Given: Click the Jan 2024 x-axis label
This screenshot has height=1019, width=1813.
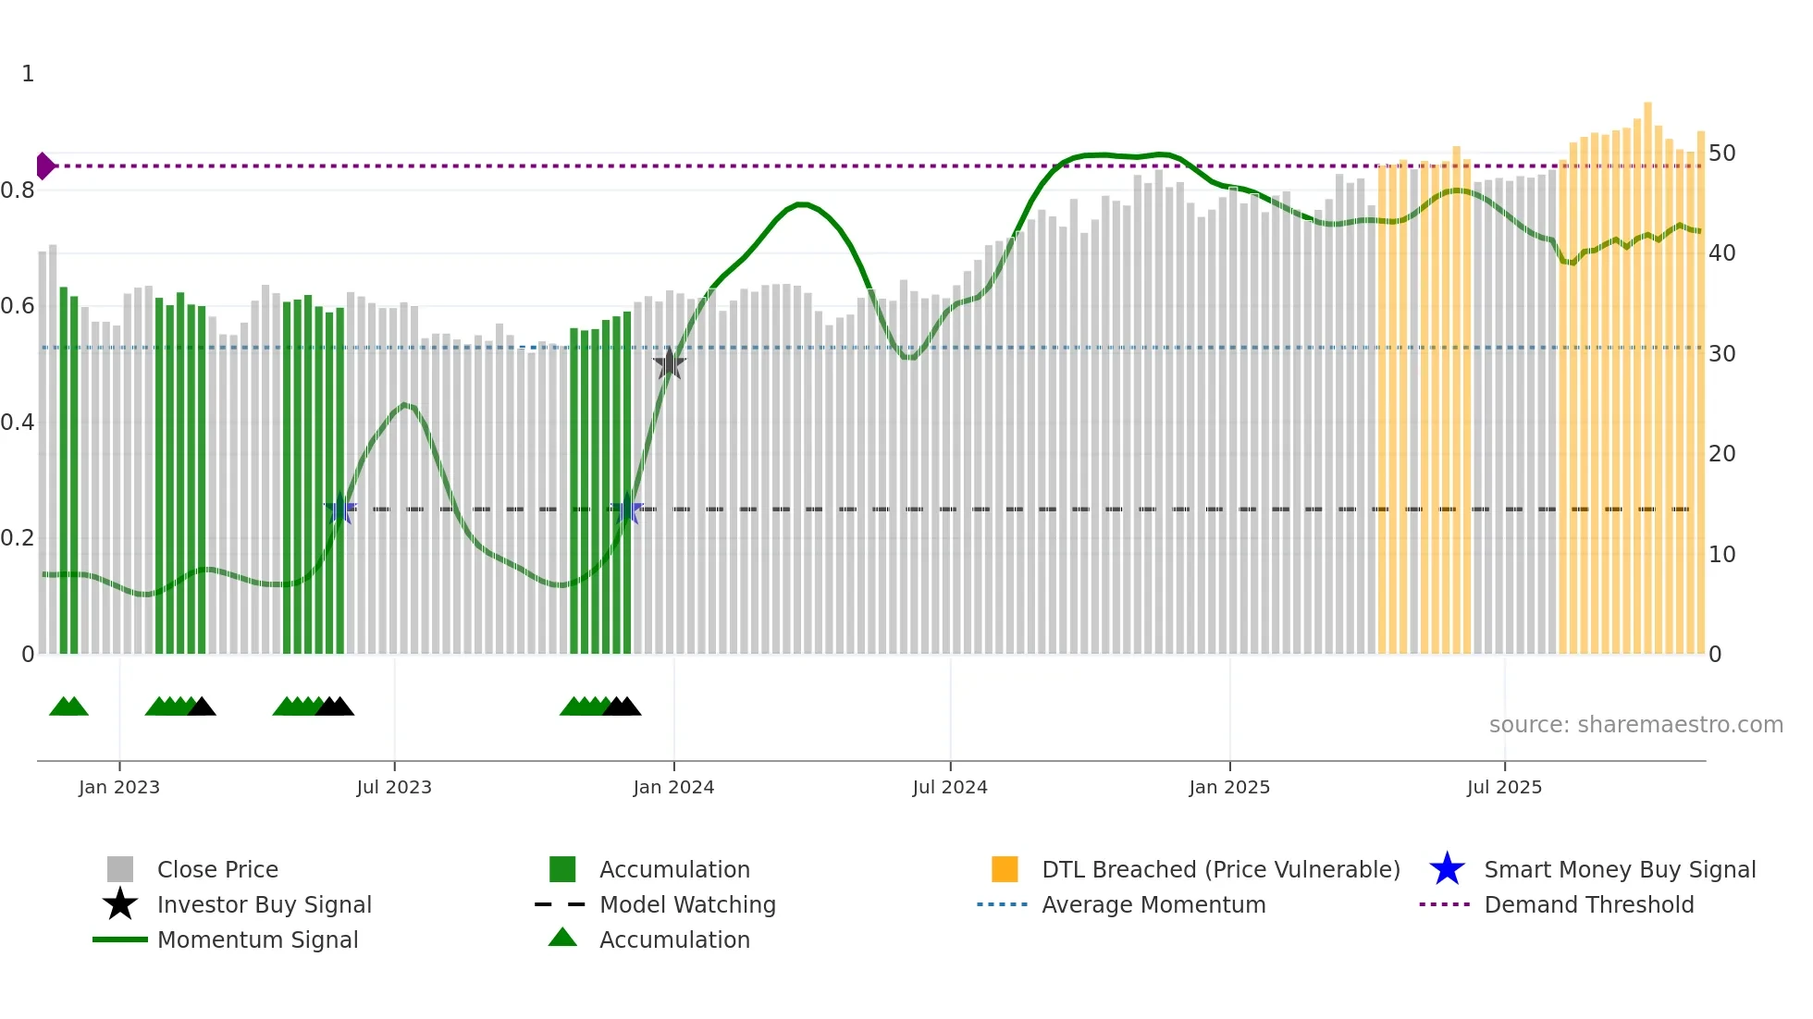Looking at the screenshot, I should pos(673,787).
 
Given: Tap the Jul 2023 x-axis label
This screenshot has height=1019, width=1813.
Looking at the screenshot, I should pos(394,787).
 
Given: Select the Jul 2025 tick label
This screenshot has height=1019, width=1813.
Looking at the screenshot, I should pos(1504,787).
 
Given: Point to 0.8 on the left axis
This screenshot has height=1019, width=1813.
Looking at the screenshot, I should pos(18,190).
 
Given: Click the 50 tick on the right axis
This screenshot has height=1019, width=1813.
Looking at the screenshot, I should pos(1721,153).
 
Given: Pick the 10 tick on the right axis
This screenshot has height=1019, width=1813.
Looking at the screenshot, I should pos(1721,554).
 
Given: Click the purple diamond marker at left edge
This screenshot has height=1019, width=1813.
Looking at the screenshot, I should pos(44,166).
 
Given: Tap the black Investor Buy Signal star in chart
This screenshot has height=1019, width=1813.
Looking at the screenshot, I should pos(670,363).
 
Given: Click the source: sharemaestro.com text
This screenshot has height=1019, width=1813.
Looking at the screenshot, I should pos(1635,724).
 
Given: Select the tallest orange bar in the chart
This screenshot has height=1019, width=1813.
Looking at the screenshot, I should pos(1647,370).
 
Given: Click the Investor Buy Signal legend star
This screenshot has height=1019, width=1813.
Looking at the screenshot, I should pos(120,904).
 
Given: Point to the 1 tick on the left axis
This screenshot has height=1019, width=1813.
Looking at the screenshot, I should pos(28,73).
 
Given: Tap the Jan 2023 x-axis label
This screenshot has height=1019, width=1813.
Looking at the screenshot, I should pos(118,787).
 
